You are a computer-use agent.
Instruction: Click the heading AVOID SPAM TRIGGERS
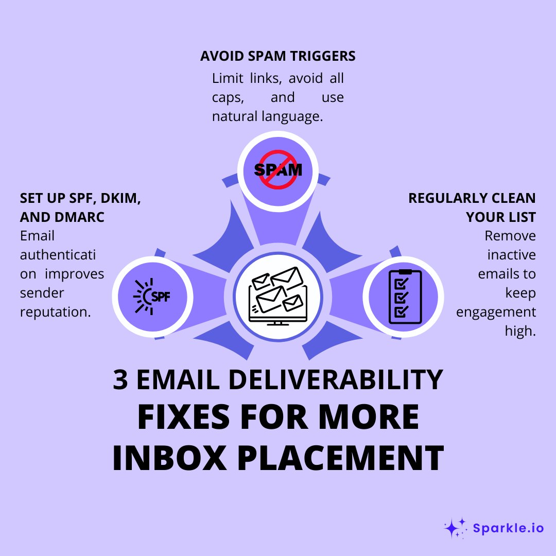(x=277, y=56)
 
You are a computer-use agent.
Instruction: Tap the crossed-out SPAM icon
(x=278, y=169)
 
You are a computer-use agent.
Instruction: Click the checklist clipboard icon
(x=405, y=297)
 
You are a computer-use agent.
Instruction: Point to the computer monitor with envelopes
(x=277, y=296)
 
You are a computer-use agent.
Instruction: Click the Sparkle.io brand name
(x=508, y=528)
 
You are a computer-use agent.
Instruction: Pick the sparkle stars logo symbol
(x=455, y=528)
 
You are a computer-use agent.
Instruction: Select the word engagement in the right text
(x=496, y=312)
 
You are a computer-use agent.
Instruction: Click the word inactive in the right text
(x=511, y=255)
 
